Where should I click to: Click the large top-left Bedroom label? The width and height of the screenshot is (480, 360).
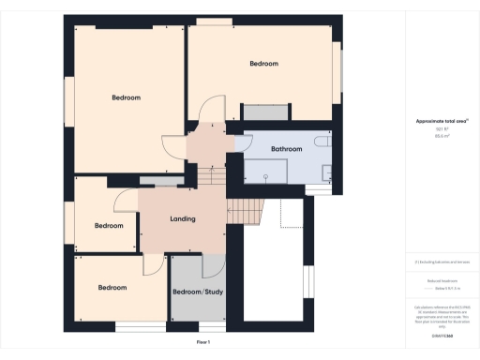126,98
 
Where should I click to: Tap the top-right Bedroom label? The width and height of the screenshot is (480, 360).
263,64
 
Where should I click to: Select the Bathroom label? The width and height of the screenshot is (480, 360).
286,149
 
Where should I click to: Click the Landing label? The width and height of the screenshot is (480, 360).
182,219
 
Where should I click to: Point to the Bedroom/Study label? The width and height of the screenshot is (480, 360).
198,292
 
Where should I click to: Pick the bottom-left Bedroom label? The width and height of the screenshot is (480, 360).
112,288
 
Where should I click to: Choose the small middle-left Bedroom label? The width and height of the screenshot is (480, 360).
109,225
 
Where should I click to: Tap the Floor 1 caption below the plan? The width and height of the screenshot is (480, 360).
203,343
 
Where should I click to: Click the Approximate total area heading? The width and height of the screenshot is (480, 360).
436,121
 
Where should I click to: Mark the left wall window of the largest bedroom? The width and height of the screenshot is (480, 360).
68,97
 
